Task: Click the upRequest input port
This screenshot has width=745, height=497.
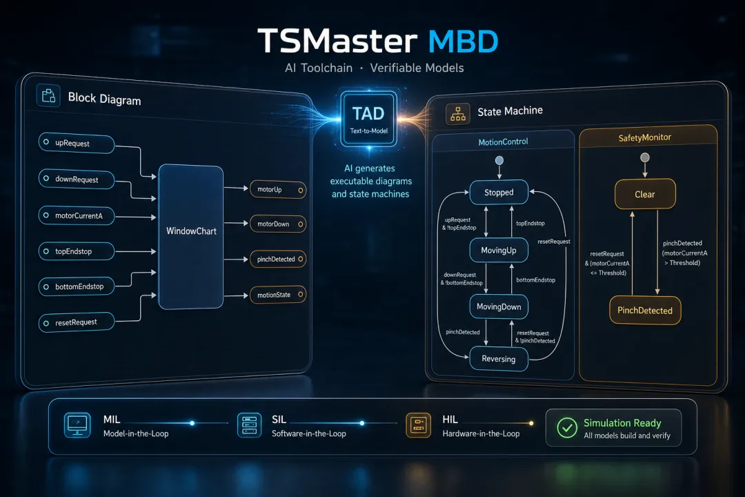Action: click(x=76, y=143)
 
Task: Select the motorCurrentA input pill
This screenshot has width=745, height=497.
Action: click(x=76, y=215)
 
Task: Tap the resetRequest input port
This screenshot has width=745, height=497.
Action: click(x=76, y=322)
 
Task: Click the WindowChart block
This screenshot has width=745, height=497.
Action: click(x=191, y=236)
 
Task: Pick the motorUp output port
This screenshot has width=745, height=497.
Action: click(x=278, y=190)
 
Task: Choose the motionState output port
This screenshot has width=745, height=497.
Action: click(x=278, y=295)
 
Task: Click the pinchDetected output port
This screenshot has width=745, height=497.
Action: click(x=278, y=260)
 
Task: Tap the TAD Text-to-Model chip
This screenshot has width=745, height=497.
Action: click(x=369, y=119)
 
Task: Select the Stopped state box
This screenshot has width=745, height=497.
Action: click(x=499, y=192)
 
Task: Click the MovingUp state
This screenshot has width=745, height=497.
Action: click(x=499, y=250)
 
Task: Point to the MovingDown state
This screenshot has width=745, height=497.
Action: click(x=499, y=306)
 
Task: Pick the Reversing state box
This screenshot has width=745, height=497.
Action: click(x=499, y=359)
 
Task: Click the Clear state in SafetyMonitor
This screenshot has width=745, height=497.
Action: click(x=645, y=194)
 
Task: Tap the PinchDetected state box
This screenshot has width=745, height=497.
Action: click(x=645, y=311)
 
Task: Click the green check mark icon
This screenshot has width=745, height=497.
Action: click(x=567, y=427)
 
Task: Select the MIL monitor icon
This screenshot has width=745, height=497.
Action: click(x=77, y=425)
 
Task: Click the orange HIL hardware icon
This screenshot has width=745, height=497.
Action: click(x=419, y=425)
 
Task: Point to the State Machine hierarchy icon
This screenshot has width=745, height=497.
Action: click(x=458, y=114)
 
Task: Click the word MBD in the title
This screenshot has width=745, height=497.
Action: click(x=464, y=41)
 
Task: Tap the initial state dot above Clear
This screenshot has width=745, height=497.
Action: click(x=645, y=157)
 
